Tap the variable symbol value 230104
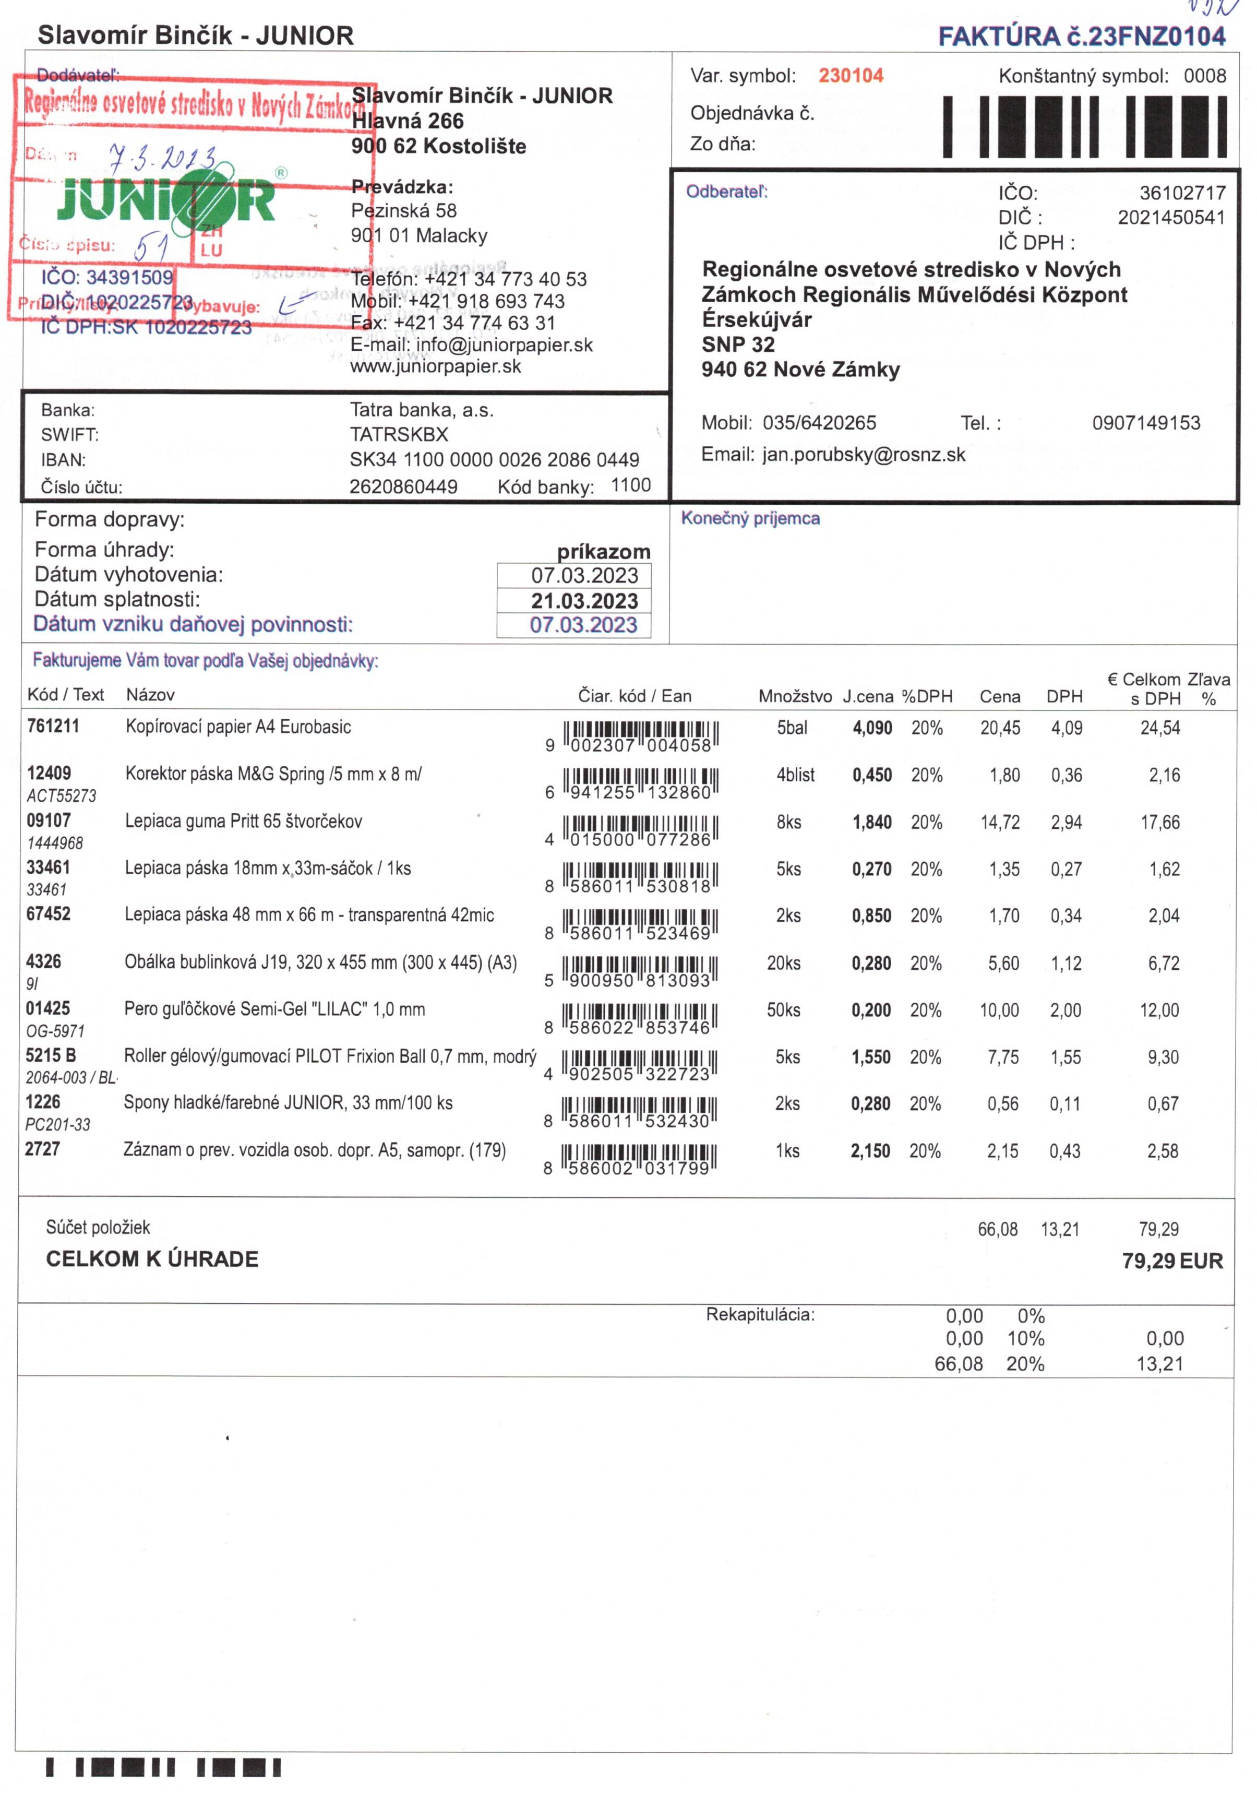(x=851, y=76)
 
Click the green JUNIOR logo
(x=165, y=200)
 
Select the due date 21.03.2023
(x=584, y=601)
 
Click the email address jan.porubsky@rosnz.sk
(x=863, y=455)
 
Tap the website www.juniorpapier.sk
(x=435, y=366)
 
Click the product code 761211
(x=53, y=726)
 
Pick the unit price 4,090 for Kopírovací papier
(x=872, y=728)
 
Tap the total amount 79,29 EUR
(x=1172, y=1261)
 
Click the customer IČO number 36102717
(x=1182, y=193)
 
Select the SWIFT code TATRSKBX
(x=399, y=434)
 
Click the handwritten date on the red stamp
(x=162, y=159)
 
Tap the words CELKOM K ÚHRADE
(x=152, y=1260)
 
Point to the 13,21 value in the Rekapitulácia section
(x=1159, y=1364)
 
